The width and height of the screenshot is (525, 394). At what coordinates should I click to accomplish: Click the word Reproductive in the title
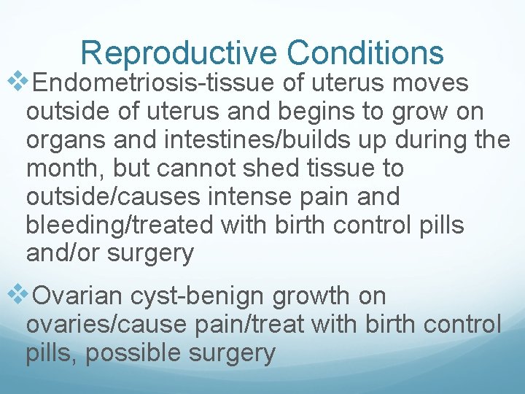click(x=179, y=53)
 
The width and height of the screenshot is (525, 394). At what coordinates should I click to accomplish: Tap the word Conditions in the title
click(x=365, y=53)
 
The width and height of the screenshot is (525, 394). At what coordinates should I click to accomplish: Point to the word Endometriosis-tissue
click(x=155, y=83)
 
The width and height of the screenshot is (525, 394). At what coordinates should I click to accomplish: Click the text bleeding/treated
click(x=120, y=225)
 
